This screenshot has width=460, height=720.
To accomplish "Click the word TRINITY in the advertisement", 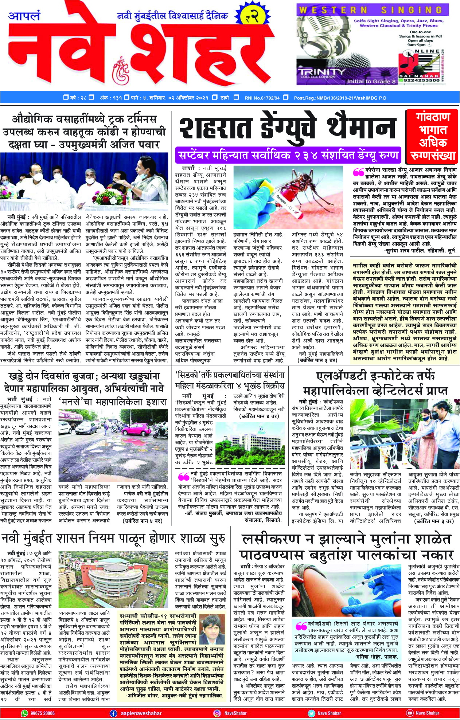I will pos(320,72).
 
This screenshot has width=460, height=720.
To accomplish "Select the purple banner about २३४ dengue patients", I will pos(288,156).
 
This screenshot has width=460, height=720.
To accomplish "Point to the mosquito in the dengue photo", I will pos(295,189).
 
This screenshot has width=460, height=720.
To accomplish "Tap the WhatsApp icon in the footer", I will pos(25,713).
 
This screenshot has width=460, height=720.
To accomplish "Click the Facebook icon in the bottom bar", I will pos(114,713).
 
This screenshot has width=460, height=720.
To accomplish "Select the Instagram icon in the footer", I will pos(217,713).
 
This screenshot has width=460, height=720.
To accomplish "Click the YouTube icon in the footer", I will pos(410,713).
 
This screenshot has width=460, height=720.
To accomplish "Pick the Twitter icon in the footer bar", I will pos(311,713).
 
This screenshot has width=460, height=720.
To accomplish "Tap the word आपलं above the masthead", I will pos(24,16).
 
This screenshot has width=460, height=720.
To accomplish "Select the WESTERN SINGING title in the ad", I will pos(370,10).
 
